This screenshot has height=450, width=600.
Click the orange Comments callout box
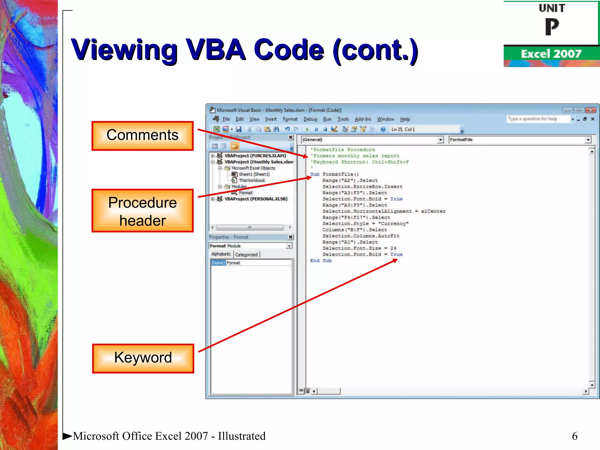click(x=142, y=136)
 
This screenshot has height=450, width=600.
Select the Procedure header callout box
click(x=142, y=211)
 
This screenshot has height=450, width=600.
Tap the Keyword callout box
click(x=143, y=358)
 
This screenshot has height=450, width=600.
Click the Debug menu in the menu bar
click(x=310, y=119)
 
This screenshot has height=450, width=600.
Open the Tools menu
click(x=343, y=119)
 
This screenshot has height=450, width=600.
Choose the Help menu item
click(x=405, y=119)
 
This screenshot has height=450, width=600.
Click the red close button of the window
click(x=591, y=110)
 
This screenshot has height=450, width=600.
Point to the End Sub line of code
click(x=321, y=260)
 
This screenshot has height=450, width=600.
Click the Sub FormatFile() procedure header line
click(x=334, y=174)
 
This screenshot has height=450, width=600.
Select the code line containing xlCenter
click(x=384, y=211)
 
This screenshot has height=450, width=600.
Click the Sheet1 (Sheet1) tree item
click(x=254, y=174)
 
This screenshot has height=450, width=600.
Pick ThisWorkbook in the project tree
click(x=252, y=180)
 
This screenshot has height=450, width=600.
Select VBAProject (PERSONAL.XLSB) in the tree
click(x=256, y=199)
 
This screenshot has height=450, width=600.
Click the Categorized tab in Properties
click(x=246, y=255)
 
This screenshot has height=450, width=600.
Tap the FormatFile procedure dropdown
click(x=520, y=140)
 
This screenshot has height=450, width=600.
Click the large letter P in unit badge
click(x=552, y=27)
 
